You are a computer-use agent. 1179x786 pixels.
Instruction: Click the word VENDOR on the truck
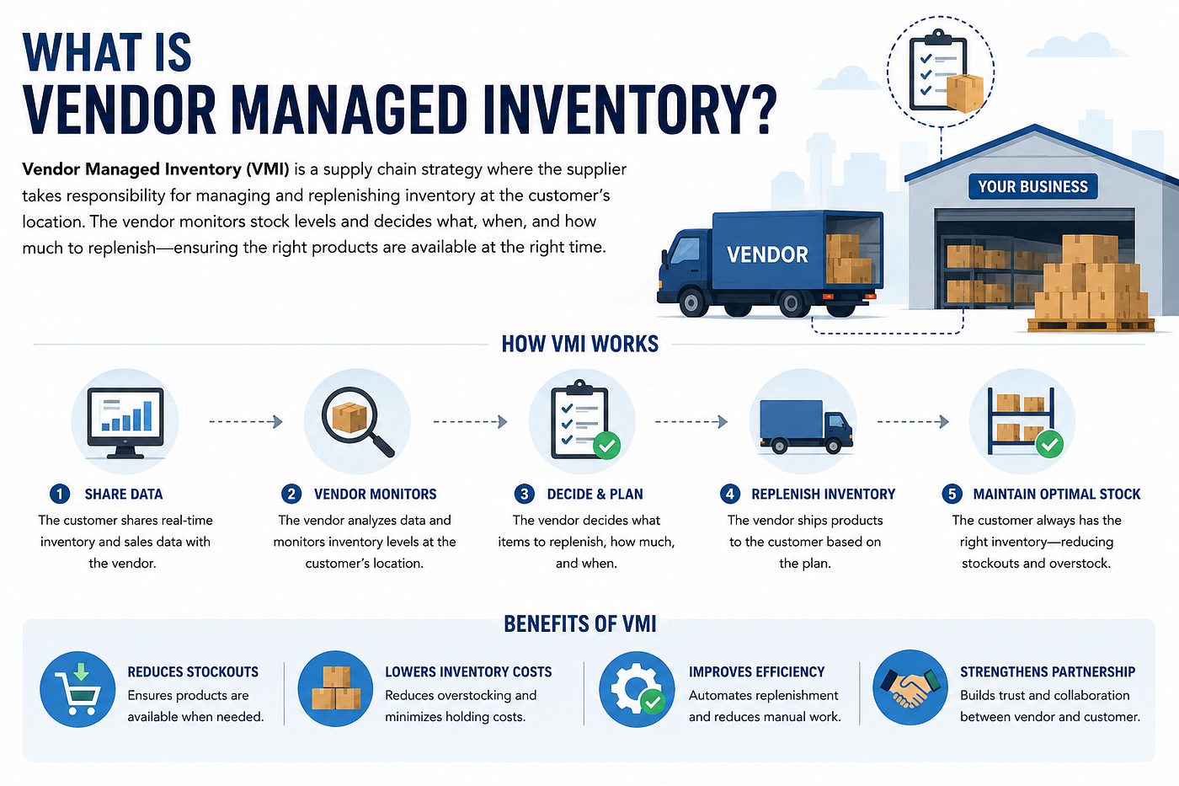(767, 254)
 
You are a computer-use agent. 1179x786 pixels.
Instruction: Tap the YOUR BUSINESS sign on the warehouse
(1032, 186)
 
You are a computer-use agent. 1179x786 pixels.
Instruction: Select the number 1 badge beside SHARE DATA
(60, 494)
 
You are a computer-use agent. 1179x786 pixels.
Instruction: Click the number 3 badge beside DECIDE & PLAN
(524, 494)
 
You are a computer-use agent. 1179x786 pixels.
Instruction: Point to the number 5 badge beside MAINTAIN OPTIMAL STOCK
(952, 494)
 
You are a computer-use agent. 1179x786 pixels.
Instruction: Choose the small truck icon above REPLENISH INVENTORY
(806, 426)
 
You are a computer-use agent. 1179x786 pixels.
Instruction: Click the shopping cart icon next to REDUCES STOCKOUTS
(77, 689)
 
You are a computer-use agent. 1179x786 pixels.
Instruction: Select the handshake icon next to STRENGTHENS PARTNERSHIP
(910, 687)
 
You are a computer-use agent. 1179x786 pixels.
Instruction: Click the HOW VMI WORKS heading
(580, 344)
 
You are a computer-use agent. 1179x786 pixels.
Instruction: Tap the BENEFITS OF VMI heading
(580, 624)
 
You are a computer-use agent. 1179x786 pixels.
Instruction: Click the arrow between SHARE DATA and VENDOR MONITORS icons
(246, 422)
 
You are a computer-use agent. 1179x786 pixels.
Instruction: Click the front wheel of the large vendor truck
(691, 302)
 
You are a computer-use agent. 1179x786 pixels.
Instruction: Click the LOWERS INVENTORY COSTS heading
(468, 671)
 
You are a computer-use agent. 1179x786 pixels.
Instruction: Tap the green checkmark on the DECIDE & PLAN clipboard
(607, 446)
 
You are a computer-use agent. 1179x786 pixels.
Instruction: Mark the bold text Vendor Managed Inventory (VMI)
(156, 169)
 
